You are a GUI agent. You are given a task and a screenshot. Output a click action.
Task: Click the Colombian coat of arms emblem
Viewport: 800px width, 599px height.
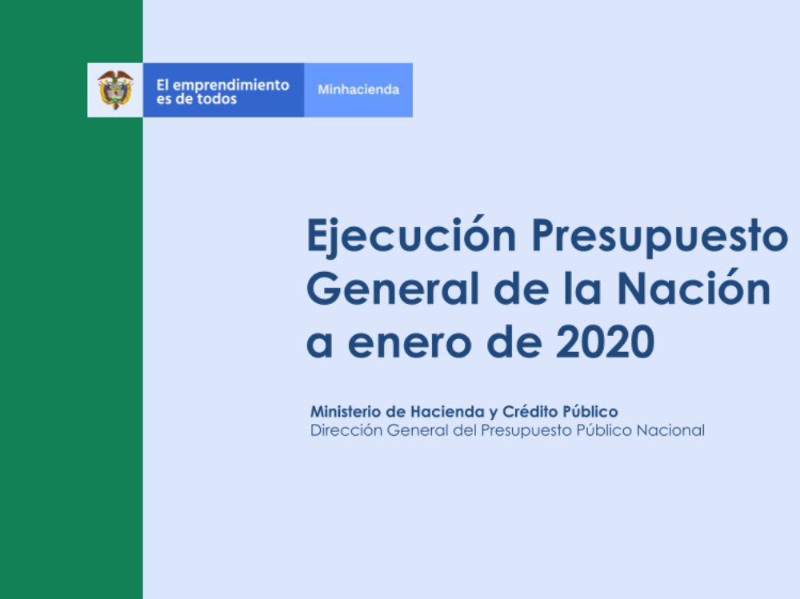115,90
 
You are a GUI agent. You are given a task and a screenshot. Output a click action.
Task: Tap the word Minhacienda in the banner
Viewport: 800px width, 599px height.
358,90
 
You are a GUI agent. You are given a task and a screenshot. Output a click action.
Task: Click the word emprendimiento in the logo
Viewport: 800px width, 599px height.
230,86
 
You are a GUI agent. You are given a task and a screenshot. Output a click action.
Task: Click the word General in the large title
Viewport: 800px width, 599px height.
392,289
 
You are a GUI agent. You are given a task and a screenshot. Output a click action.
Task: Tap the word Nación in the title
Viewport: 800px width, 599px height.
694,288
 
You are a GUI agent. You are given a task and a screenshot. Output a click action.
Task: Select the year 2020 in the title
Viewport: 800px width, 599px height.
605,342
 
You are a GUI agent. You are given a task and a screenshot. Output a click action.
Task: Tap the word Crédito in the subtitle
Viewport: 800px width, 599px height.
530,411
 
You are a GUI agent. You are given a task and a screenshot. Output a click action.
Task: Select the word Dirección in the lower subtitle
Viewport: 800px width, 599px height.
346,430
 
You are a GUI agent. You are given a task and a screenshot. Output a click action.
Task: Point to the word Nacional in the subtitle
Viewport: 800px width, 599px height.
670,430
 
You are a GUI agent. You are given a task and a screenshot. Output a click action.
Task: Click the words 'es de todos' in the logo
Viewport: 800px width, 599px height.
197,99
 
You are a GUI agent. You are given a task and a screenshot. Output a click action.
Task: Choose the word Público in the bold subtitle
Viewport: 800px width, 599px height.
590,411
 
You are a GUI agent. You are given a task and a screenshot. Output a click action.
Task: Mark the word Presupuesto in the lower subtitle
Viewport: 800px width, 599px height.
526,431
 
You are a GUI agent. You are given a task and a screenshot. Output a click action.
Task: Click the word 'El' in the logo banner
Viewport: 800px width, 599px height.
162,85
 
